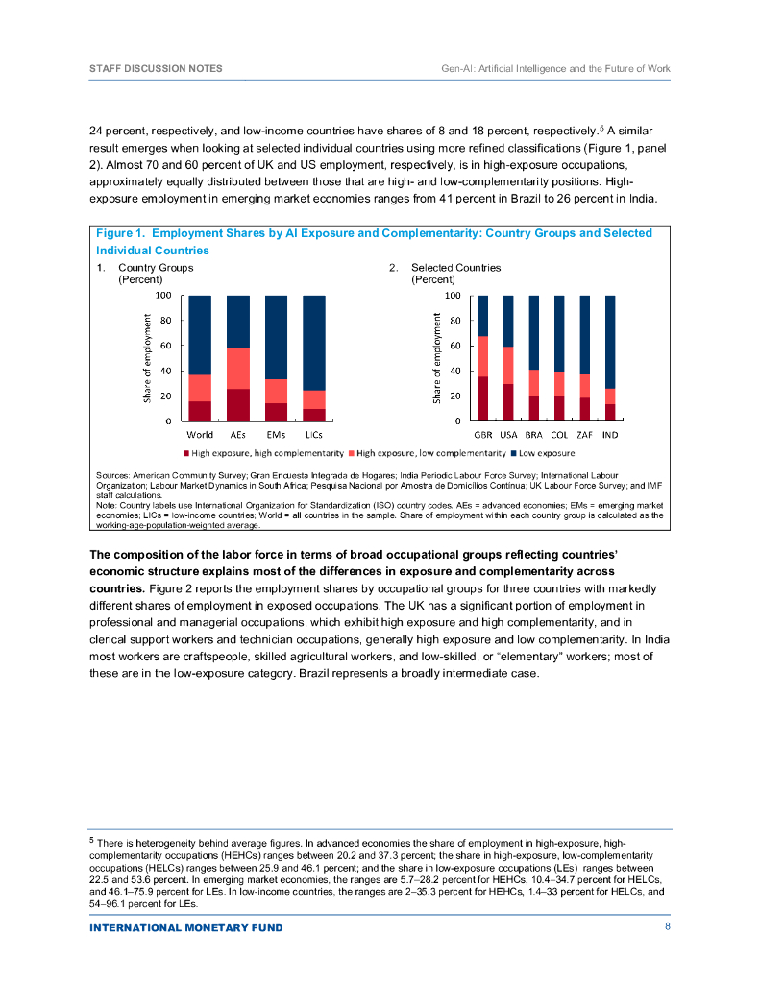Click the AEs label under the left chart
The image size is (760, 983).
238,435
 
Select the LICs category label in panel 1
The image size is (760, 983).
313,435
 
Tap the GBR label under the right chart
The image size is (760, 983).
483,435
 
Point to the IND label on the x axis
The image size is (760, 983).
609,435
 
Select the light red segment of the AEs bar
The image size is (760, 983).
238,368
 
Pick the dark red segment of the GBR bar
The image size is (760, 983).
483,399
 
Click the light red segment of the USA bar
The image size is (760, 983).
508,365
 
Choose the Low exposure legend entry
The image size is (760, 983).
547,452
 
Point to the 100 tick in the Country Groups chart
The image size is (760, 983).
164,296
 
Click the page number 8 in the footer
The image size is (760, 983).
667,927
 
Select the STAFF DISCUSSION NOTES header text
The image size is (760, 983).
156,69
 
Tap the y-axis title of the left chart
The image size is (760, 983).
148,358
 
